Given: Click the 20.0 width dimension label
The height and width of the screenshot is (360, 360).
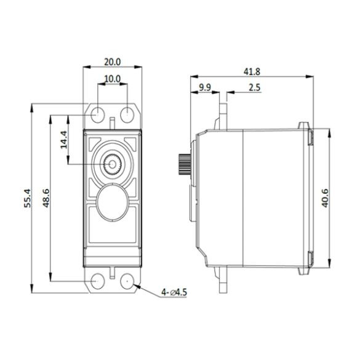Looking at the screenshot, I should click(x=112, y=62).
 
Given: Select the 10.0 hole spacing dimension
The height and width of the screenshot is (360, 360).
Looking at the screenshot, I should click(x=112, y=79).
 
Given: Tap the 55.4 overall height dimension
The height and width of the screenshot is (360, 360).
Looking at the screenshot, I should click(x=27, y=198).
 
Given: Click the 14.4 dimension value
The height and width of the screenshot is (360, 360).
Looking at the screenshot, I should click(x=63, y=140).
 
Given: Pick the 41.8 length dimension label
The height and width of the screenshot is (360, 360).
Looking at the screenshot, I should click(x=252, y=71).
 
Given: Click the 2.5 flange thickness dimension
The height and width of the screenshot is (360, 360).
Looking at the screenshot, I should click(x=254, y=87).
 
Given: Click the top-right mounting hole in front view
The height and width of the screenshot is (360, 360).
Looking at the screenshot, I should click(x=127, y=114).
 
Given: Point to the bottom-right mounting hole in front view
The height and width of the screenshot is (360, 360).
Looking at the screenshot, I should click(x=127, y=281).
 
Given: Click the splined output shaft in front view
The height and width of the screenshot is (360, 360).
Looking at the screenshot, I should click(x=113, y=164).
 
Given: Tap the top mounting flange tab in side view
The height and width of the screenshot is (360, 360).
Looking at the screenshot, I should click(x=222, y=114).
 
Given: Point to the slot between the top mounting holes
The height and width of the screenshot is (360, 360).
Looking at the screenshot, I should click(x=113, y=121).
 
